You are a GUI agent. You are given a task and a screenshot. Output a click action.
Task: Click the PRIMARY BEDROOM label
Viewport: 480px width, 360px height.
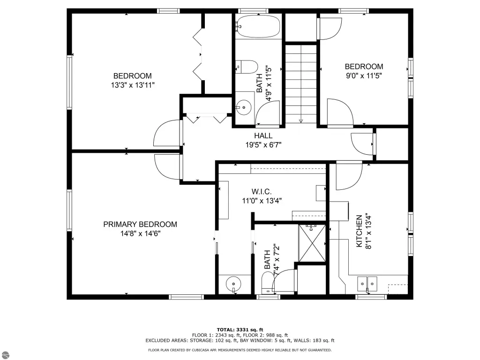click(x=140, y=225)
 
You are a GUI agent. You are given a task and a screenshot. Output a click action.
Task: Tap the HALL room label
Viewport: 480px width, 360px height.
click(x=263, y=135)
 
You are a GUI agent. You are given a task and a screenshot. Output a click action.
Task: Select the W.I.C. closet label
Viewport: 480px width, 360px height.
click(x=262, y=192)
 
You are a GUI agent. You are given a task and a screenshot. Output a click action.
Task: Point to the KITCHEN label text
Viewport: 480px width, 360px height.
click(x=360, y=231)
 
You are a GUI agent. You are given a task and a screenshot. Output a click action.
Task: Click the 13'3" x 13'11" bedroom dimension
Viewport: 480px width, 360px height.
click(x=133, y=85)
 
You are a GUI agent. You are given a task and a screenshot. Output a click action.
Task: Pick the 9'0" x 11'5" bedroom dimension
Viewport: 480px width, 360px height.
click(x=364, y=75)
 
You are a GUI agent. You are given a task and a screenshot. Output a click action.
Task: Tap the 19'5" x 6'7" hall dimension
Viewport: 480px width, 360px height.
click(x=263, y=144)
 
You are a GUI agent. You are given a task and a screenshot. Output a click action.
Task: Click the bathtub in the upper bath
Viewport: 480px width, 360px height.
click(x=258, y=26)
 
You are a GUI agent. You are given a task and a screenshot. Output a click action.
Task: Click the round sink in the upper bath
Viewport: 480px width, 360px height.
click(x=244, y=107)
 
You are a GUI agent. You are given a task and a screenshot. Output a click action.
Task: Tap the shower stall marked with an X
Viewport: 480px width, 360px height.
click(x=312, y=243)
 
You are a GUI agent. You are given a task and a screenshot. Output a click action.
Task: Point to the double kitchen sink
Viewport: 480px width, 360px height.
click(x=367, y=284)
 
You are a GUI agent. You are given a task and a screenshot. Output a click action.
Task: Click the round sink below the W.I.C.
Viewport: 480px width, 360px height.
click(x=233, y=284)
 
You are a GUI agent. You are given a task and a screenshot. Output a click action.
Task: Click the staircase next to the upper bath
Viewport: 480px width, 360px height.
click(x=301, y=84)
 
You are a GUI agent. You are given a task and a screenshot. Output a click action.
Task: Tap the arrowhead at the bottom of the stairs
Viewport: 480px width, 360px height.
click(x=301, y=121)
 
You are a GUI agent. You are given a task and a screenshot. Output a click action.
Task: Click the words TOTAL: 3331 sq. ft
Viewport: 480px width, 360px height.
click(x=240, y=330)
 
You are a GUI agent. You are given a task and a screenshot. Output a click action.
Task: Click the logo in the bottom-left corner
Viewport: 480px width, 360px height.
click(x=5, y=355)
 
